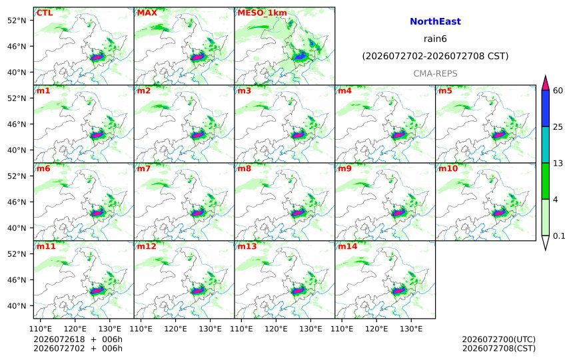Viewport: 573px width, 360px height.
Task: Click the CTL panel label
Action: pos(44,13)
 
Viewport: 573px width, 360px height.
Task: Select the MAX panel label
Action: pos(147,13)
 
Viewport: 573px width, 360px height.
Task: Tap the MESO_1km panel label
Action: pos(262,13)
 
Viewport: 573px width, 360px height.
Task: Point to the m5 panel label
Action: pos(445,90)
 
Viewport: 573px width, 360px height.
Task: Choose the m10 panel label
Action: pos(448,168)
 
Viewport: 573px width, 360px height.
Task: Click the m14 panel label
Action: pos(348,246)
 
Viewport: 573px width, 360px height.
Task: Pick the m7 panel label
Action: pos(144,168)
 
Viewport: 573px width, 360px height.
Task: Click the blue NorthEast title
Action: pos(435,21)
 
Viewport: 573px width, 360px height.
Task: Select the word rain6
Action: pos(435,39)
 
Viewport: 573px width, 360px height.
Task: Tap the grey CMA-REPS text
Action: pos(435,74)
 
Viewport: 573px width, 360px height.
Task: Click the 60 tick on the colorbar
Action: pos(558,90)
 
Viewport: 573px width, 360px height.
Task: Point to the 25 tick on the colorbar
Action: pos(558,127)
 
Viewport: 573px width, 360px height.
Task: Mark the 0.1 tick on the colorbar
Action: pos(559,236)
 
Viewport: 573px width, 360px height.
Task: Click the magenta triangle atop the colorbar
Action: pos(546,84)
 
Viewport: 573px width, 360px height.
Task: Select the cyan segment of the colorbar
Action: pos(546,144)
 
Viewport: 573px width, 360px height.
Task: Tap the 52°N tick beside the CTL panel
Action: pos(17,20)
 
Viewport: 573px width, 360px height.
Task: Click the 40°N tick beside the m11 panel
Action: pos(17,305)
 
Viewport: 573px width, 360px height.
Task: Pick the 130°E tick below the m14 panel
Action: pos(411,329)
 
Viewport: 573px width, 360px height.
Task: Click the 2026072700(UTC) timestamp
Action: pos(499,339)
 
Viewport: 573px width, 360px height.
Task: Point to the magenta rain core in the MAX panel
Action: pos(197,57)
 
